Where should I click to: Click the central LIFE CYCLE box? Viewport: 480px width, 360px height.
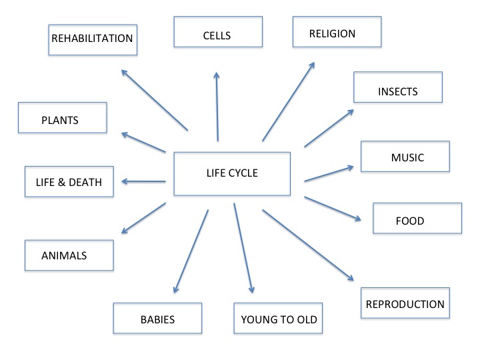[x=231, y=174]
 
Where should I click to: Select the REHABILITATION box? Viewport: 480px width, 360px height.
[x=93, y=39]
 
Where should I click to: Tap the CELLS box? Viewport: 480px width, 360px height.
[x=217, y=32]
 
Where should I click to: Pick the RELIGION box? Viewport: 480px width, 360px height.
[x=337, y=32]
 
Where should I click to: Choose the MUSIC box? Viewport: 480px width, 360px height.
[x=406, y=157]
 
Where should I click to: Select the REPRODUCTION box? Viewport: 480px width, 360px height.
[x=404, y=304]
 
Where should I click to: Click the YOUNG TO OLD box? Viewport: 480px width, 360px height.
[x=279, y=318]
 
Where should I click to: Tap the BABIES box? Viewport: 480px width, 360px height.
[x=157, y=318]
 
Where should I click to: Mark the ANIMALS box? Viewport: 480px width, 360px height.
[x=69, y=255]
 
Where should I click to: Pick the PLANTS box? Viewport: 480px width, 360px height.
[x=62, y=120]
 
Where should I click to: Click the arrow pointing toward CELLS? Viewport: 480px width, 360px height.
[x=217, y=107]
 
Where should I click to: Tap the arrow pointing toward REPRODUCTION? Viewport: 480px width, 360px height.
[x=307, y=245]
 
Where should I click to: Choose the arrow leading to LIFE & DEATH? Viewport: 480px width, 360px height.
[x=143, y=181]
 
